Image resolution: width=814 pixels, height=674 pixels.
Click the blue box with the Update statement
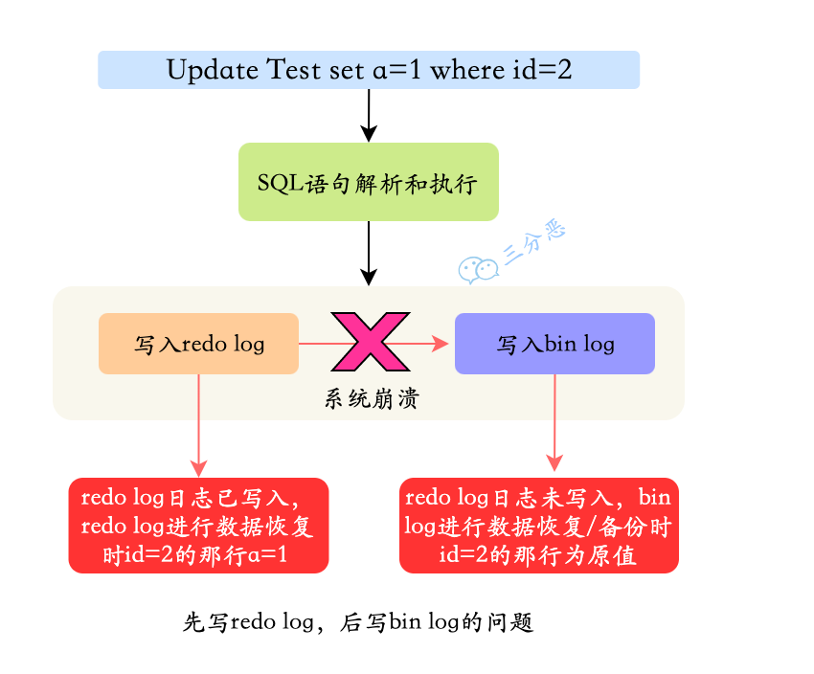click(369, 70)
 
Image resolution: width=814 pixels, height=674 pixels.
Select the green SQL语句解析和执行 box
click(369, 182)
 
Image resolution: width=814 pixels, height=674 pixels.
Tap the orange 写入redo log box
click(199, 344)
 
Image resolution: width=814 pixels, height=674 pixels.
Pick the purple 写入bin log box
click(554, 344)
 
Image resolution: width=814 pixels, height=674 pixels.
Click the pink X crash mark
click(370, 342)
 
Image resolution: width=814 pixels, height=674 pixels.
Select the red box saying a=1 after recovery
click(199, 526)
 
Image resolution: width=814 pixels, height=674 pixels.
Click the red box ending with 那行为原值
click(539, 526)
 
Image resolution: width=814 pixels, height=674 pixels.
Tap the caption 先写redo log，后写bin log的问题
click(356, 622)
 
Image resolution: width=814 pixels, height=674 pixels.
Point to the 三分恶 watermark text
click(534, 242)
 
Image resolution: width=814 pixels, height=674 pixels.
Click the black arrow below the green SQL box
click(369, 253)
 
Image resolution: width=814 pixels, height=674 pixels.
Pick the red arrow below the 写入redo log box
click(199, 425)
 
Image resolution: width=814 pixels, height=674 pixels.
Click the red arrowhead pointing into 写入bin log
click(441, 343)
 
